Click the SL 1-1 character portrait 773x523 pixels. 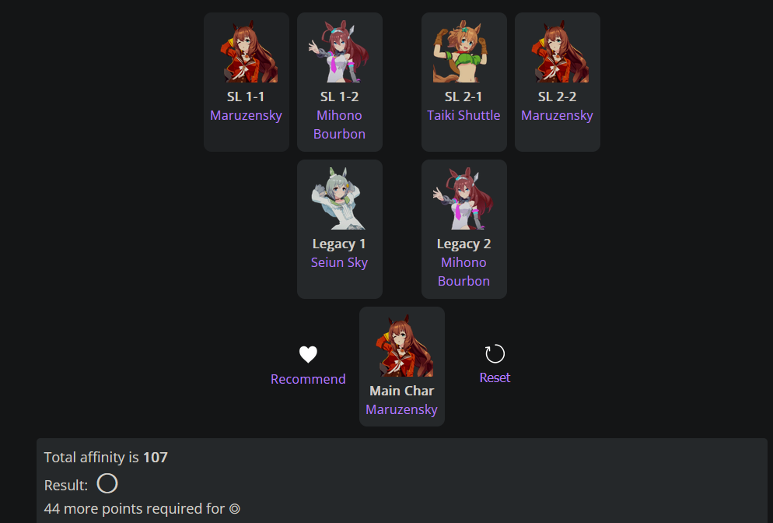tap(247, 52)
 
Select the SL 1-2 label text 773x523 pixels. tap(339, 97)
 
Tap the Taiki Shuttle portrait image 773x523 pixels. tap(463, 52)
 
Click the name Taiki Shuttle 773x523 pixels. tap(463, 115)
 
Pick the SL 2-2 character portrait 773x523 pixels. tap(557, 52)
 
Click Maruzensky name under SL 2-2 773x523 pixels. tap(557, 115)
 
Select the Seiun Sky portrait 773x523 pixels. tap(339, 199)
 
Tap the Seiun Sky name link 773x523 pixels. tap(339, 262)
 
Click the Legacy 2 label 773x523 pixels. tap(463, 244)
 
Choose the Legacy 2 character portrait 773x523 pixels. tap(463, 199)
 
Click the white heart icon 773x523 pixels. tap(308, 355)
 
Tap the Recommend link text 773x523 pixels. tap(308, 379)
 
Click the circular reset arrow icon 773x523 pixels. tap(495, 354)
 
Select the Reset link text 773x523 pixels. tap(495, 377)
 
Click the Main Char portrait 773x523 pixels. tap(402, 346)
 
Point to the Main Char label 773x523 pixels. tap(401, 391)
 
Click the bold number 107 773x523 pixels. tap(156, 457)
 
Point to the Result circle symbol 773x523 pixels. tap(107, 484)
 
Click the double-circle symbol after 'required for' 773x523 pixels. tap(234, 510)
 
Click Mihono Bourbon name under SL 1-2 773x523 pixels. tap(339, 125)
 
